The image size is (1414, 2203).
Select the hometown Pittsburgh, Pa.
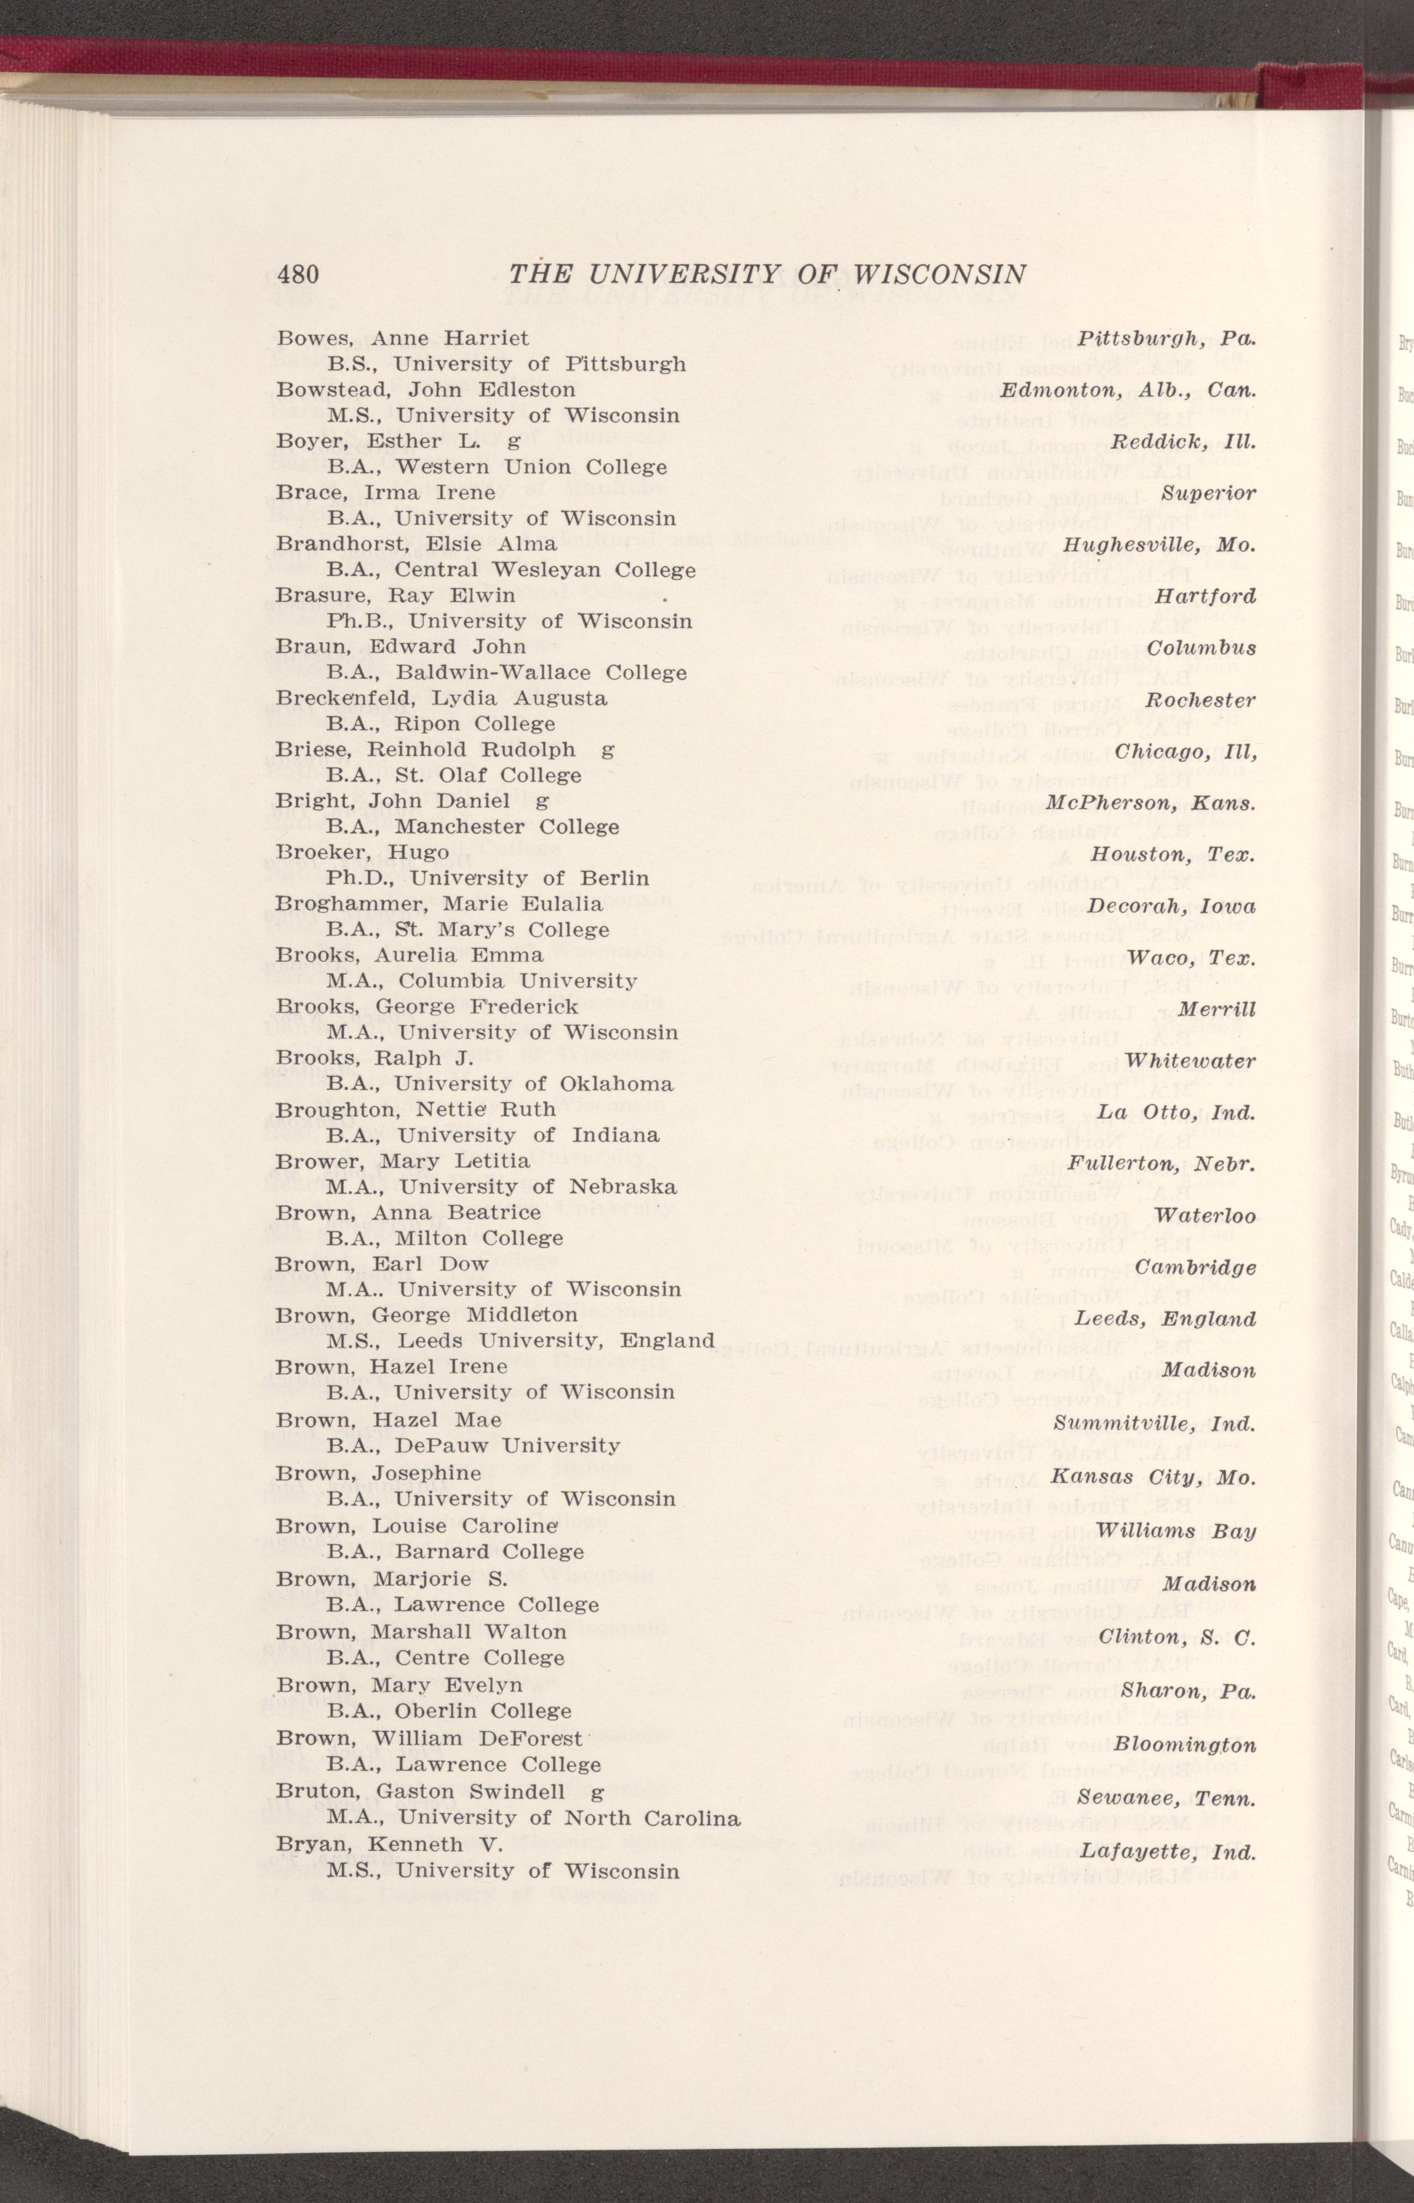[x=1165, y=338]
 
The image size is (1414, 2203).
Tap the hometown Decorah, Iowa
[x=1172, y=907]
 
